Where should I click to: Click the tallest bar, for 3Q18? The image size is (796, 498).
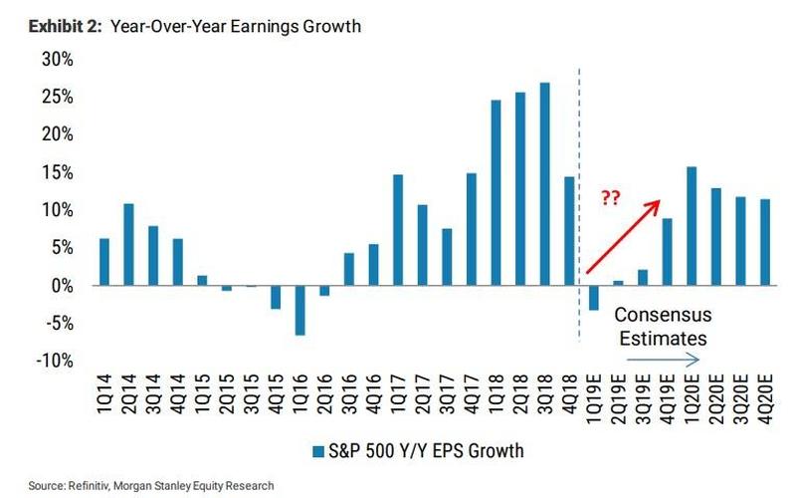544,183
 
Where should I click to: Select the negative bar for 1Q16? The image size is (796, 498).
299,310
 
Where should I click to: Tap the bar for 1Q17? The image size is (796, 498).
398,230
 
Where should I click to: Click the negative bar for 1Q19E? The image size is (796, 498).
594,297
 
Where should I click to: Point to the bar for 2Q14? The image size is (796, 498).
128,244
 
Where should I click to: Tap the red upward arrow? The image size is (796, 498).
623,236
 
